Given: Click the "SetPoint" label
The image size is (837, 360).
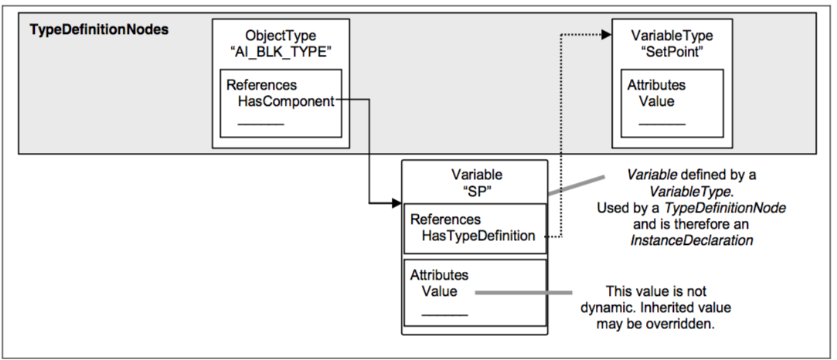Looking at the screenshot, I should (672, 51).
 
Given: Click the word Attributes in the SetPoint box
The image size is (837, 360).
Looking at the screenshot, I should (656, 86).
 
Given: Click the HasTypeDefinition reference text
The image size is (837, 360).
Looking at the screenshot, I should (478, 236).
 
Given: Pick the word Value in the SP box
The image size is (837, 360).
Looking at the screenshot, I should (439, 291).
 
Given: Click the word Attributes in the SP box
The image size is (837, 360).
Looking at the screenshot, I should (439, 275).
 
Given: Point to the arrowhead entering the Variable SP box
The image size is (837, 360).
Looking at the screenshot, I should (396, 204).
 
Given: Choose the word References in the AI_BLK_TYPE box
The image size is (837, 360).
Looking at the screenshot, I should (261, 85).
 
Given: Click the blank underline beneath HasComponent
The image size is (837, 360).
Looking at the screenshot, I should (260, 123).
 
